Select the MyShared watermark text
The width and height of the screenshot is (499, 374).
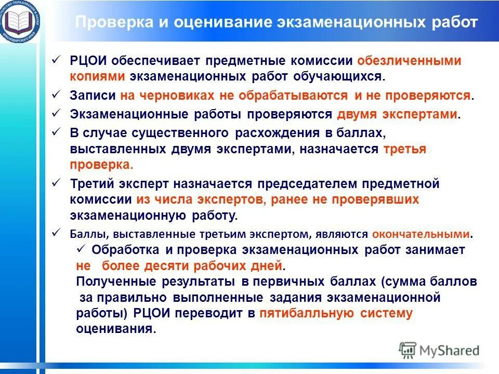pos(450,350)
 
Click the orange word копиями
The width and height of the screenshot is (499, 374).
pos(97,76)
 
